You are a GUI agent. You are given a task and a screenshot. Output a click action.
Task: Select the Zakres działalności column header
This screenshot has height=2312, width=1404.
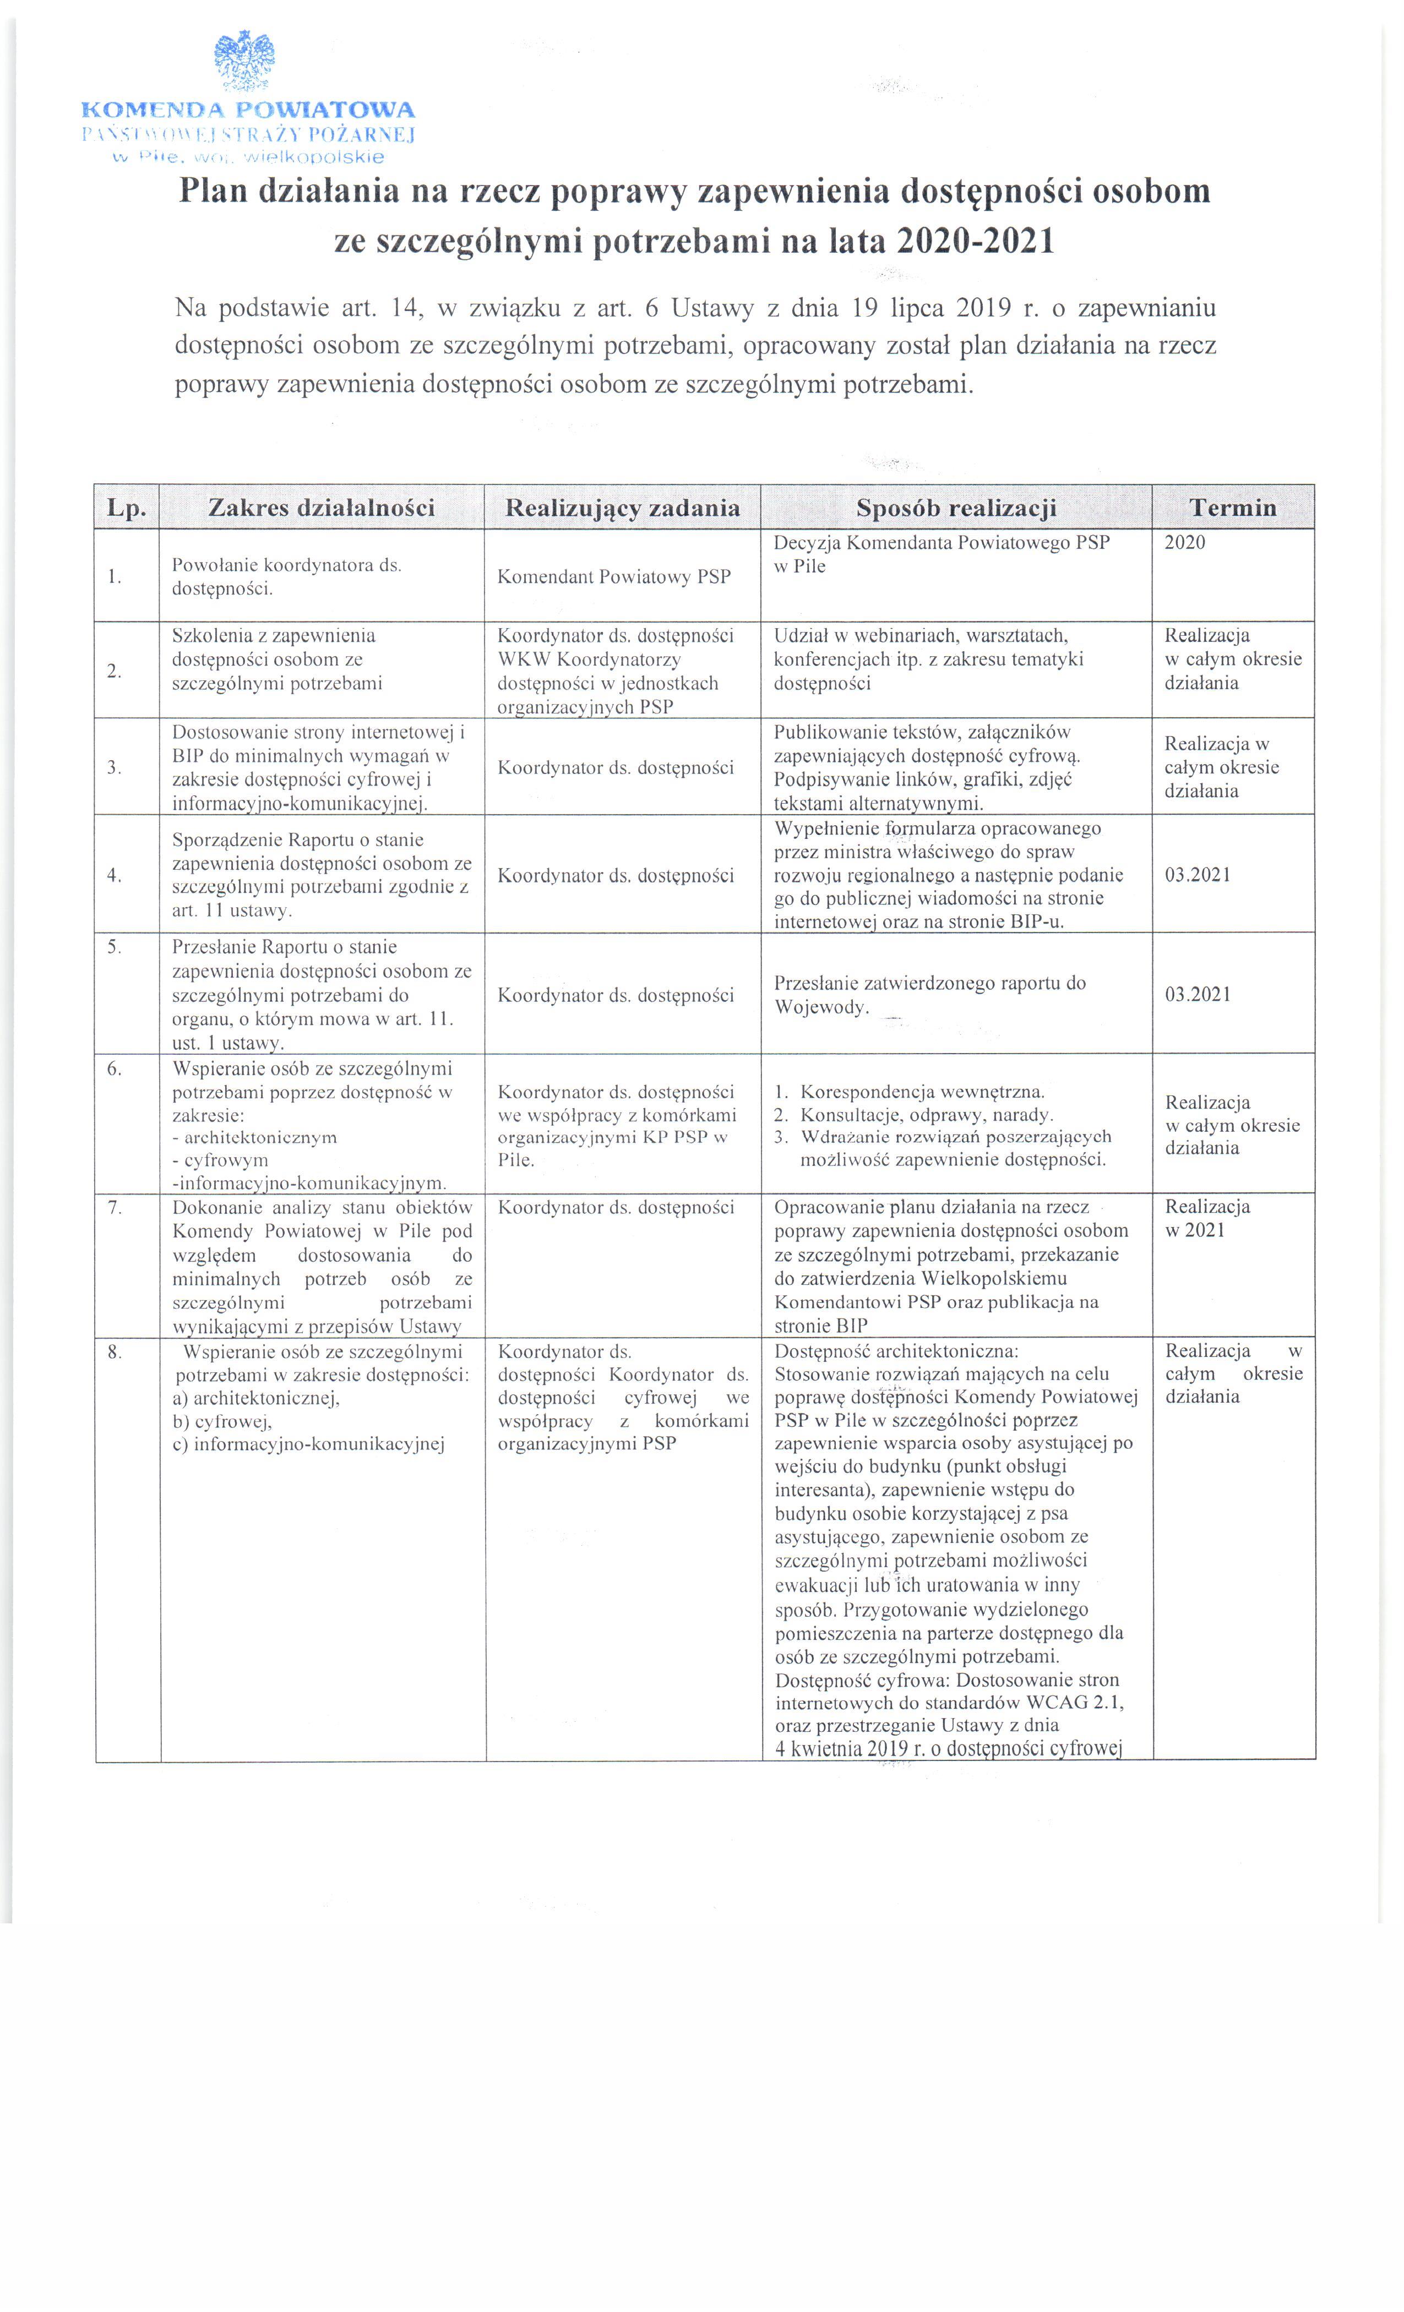tap(321, 508)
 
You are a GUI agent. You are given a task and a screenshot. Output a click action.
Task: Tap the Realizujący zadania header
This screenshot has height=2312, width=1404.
tap(622, 508)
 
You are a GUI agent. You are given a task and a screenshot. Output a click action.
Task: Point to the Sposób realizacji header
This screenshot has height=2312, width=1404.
tap(955, 508)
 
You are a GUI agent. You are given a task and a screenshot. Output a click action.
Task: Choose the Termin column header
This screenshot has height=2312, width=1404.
tap(1232, 508)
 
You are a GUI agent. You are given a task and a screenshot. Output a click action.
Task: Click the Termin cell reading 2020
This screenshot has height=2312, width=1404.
tap(1184, 542)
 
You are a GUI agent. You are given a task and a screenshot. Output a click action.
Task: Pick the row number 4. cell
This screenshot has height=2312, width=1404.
tap(115, 875)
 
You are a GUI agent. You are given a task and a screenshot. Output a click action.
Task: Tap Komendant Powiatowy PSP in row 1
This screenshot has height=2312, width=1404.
tap(614, 576)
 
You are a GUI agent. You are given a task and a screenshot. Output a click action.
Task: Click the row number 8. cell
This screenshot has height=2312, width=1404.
tap(115, 1352)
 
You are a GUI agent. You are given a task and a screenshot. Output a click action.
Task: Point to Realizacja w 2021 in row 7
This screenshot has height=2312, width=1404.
tap(1207, 1218)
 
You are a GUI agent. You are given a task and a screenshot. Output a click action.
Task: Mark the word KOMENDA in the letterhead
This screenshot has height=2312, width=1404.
tap(148, 110)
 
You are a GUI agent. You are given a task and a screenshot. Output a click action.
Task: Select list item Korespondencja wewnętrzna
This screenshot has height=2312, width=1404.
tap(922, 1091)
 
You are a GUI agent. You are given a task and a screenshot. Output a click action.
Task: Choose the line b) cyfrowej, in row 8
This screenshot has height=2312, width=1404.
tap(221, 1421)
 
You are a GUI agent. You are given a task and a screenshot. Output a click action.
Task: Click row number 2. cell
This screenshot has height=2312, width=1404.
tap(115, 670)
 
